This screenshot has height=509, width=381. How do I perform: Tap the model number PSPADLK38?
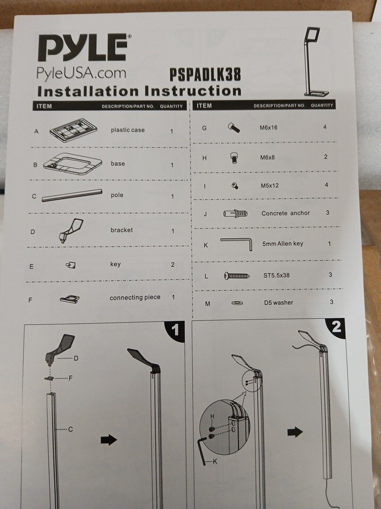coord(205,74)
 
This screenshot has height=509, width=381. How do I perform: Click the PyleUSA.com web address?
coord(81,73)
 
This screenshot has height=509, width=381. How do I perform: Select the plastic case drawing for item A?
coord(73,130)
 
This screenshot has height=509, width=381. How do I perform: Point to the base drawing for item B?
coord(73,164)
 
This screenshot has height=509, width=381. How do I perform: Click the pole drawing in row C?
coord(72,196)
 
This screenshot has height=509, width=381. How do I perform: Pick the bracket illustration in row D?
coord(71,230)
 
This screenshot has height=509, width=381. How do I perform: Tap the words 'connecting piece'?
coord(135,297)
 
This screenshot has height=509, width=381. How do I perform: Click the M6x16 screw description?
coord(268,128)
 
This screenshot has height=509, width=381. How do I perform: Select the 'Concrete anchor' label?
coord(285,213)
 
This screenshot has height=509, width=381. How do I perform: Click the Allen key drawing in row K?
coord(236,243)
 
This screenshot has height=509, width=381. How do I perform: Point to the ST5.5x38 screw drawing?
coord(237,276)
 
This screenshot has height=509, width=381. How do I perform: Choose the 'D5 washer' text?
coord(278,303)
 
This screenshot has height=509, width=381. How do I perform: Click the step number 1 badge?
coord(175,330)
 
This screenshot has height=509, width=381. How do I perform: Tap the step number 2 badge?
coord(335,327)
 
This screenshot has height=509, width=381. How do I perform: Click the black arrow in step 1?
coord(108,440)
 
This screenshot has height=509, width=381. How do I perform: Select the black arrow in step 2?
coord(295,432)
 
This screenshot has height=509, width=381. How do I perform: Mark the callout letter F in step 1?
coord(70,378)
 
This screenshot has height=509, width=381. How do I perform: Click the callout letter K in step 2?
coord(215,461)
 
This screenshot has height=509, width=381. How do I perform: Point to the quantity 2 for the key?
coord(173,265)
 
